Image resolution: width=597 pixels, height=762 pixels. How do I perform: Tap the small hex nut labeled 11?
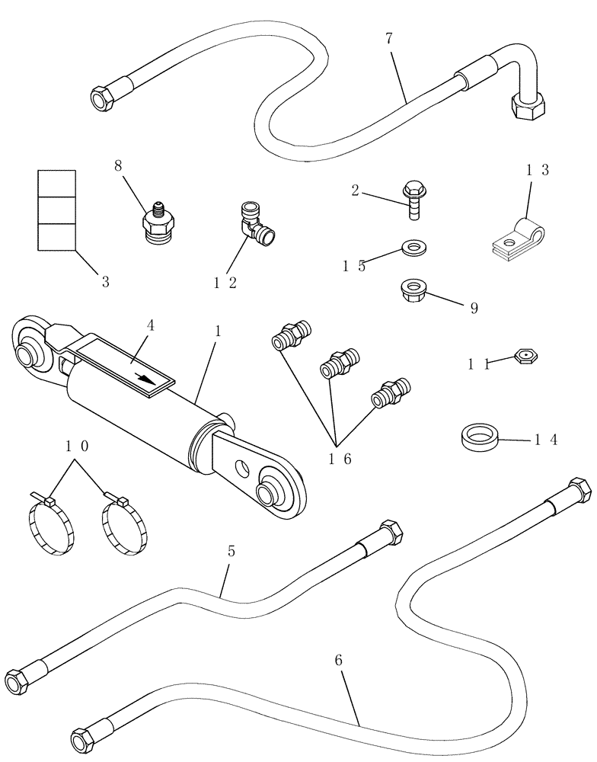point(528,355)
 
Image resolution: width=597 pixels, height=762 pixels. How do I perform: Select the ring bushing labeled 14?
point(479,440)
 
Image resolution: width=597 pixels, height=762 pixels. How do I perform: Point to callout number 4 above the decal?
point(150,325)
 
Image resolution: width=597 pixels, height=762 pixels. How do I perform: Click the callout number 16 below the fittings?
point(340,459)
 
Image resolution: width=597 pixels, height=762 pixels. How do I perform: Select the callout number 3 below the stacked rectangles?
point(105,282)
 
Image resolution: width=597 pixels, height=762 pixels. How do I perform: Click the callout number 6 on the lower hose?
point(339,660)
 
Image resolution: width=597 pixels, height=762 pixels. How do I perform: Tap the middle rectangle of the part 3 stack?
point(57,210)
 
